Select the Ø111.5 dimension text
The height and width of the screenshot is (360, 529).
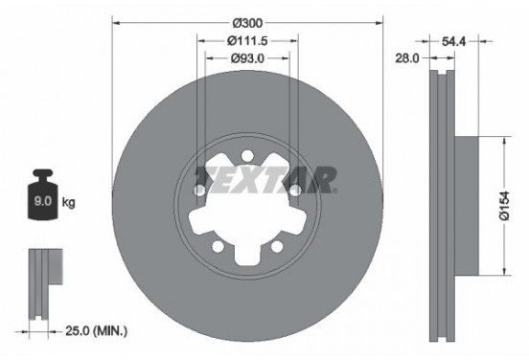[x=246, y=40]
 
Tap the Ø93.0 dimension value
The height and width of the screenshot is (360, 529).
[x=246, y=58]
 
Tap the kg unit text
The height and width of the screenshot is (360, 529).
[x=68, y=203]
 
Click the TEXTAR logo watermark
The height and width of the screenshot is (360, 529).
[x=265, y=178]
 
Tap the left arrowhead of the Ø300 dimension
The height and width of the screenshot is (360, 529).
[x=116, y=22]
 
